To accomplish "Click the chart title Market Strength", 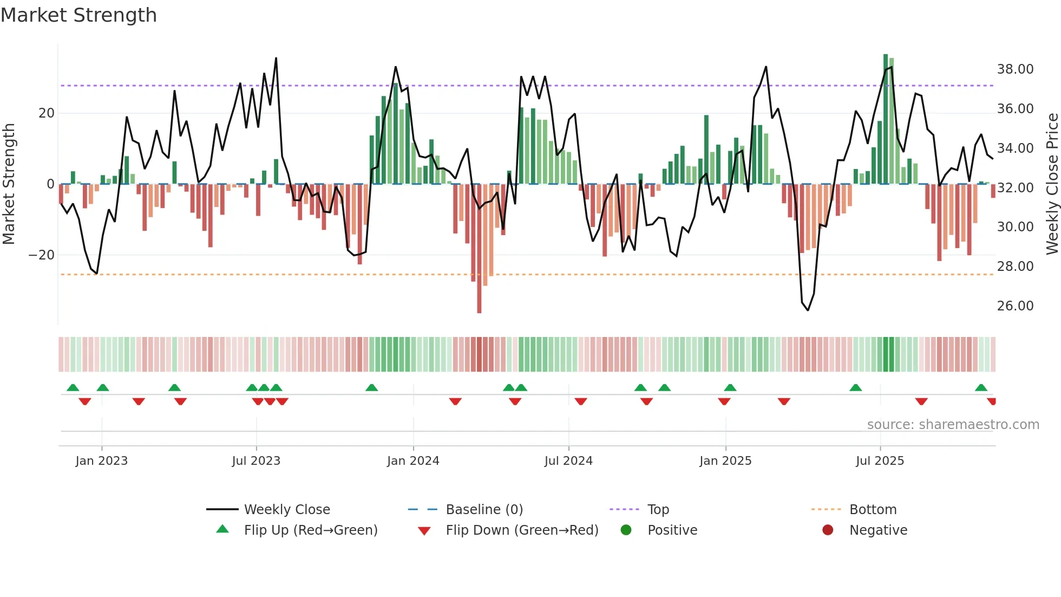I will [x=78, y=15].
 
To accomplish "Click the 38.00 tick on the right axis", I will [x=1015, y=69].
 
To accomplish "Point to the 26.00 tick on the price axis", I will [x=1015, y=306].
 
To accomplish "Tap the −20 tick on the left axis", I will [x=42, y=255].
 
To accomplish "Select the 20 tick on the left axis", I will [x=47, y=113].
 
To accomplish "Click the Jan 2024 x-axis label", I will [x=413, y=461].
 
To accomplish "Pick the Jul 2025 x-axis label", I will [x=880, y=461].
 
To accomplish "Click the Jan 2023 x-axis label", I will [x=102, y=461].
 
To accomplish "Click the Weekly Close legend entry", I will [x=286, y=510].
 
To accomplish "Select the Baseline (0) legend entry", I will [x=484, y=510].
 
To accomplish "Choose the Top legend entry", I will [x=658, y=510].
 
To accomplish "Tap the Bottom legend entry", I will [x=873, y=510].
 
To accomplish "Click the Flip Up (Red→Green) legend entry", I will [x=310, y=530].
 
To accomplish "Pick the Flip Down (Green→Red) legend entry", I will [x=522, y=530].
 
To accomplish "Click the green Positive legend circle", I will [x=626, y=530].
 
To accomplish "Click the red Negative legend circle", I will [x=828, y=530].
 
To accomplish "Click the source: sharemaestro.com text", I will [x=953, y=425].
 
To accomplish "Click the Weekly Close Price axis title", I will [x=1052, y=184].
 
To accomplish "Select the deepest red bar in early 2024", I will [x=479, y=249].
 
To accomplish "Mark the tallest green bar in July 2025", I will [x=886, y=119].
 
